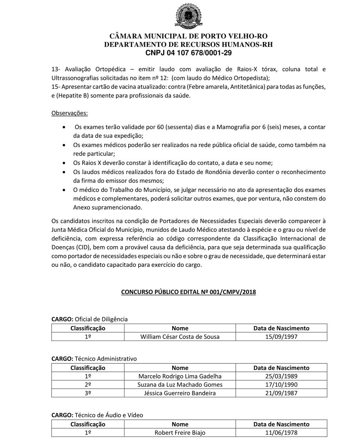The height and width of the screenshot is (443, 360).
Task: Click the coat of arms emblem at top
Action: click(x=188, y=16)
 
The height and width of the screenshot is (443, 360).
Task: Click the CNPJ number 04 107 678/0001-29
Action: click(x=188, y=53)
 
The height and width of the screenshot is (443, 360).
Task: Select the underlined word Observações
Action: click(x=69, y=113)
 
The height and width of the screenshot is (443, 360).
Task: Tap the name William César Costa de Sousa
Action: click(x=180, y=336)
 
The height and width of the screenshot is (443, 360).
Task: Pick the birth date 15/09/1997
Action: click(x=281, y=336)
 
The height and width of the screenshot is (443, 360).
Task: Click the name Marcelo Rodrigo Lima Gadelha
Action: click(x=180, y=376)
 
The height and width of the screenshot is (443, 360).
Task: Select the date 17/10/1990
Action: click(x=281, y=384)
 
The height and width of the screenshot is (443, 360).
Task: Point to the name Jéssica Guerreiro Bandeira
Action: click(x=180, y=393)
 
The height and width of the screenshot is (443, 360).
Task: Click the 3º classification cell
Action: click(x=88, y=393)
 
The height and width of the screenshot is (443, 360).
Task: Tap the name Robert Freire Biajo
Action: click(x=180, y=432)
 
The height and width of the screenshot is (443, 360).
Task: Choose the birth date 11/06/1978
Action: click(x=281, y=432)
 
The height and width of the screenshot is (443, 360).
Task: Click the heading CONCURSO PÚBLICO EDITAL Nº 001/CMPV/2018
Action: click(x=188, y=292)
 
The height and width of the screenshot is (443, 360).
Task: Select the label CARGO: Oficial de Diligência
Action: click(x=90, y=319)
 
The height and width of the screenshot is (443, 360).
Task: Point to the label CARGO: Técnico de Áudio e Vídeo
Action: click(x=97, y=415)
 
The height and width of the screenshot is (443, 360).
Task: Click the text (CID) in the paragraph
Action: click(x=82, y=247)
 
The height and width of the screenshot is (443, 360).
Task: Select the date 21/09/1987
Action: click(x=281, y=393)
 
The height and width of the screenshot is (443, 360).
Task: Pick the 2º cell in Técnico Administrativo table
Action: click(x=88, y=384)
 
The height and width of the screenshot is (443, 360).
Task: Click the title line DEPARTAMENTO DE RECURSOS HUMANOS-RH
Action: click(x=188, y=44)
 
